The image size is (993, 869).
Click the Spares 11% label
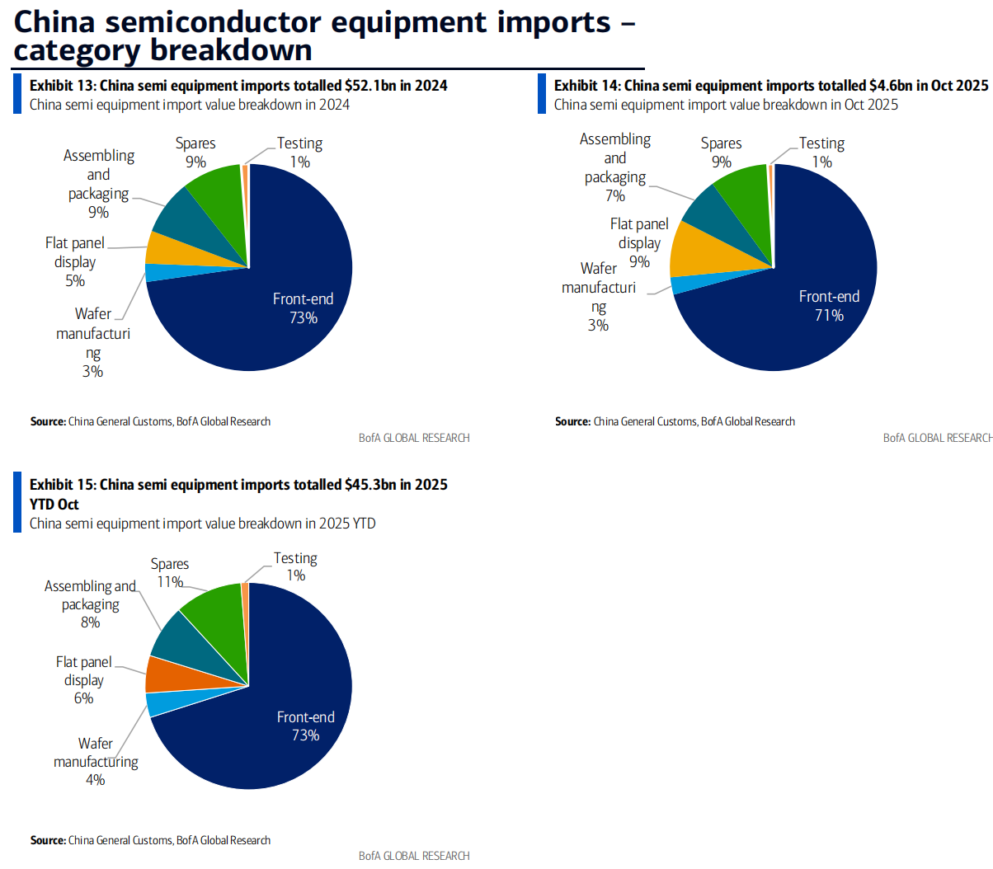[x=170, y=573]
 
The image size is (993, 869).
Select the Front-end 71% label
[x=829, y=306]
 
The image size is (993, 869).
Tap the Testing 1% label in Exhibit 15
[x=295, y=566]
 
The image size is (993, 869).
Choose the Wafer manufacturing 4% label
[x=96, y=761]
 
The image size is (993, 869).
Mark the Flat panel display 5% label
[x=75, y=261]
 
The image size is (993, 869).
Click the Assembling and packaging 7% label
[x=615, y=167]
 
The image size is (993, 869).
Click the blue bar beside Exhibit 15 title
[x=17, y=502]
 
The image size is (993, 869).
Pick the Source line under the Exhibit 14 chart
[x=675, y=421]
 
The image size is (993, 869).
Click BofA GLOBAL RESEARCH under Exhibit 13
[x=414, y=438]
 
